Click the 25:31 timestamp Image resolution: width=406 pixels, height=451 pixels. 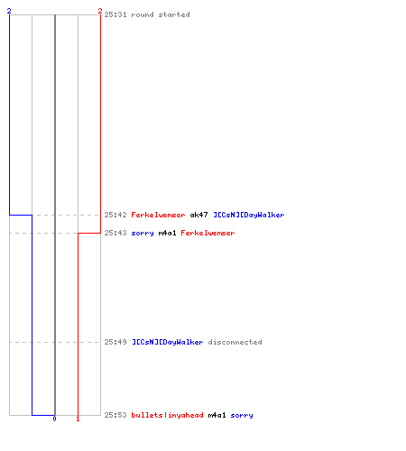click(x=115, y=14)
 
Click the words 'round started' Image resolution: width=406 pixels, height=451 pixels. click(x=161, y=14)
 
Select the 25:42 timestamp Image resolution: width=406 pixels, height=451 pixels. click(x=115, y=215)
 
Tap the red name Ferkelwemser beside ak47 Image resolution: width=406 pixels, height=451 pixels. click(x=158, y=215)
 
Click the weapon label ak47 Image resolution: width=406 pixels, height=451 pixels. click(x=198, y=215)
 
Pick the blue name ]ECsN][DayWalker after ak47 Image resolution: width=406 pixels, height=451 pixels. click(x=249, y=215)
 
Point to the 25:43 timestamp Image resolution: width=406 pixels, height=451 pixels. click(x=115, y=233)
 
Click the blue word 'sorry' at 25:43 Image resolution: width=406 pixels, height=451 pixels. click(x=143, y=234)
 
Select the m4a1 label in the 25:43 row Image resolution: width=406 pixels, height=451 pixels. click(x=167, y=233)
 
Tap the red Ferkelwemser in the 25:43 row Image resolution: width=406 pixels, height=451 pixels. click(x=208, y=233)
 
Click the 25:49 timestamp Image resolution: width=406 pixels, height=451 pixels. click(x=115, y=342)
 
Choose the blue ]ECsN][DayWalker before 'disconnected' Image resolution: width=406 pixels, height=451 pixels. click(x=168, y=342)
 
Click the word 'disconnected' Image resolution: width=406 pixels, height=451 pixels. click(x=235, y=342)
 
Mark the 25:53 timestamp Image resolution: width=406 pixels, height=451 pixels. click(x=115, y=415)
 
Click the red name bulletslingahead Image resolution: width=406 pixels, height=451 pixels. click(x=167, y=415)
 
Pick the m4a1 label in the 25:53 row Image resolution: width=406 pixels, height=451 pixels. click(x=217, y=415)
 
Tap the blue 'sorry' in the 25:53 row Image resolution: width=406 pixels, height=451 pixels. click(x=242, y=416)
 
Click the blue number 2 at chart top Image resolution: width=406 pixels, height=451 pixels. click(x=9, y=11)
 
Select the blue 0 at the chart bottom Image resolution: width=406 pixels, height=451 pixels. click(x=54, y=419)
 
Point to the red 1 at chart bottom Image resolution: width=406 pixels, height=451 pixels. click(x=78, y=419)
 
